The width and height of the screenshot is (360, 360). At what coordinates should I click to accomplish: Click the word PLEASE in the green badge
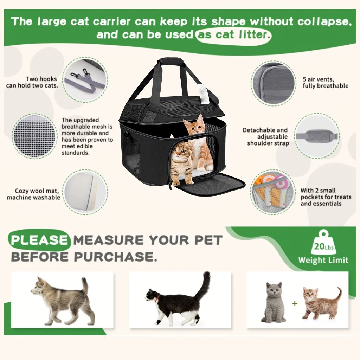pyautogui.click(x=39, y=240)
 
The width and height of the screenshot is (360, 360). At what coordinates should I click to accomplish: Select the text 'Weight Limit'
pyautogui.click(x=323, y=261)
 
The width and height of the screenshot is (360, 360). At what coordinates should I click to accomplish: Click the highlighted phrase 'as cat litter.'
pyautogui.click(x=233, y=35)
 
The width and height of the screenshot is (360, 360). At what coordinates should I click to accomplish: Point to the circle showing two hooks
pyautogui.click(x=85, y=78)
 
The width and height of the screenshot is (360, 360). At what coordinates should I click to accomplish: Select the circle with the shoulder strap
pyautogui.click(x=317, y=136)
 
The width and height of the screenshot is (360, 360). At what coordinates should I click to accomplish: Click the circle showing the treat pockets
pyautogui.click(x=273, y=192)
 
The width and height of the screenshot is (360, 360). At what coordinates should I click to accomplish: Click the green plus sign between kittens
pyautogui.click(x=295, y=304)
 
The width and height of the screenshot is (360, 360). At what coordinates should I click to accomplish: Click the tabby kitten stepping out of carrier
pyautogui.click(x=182, y=163)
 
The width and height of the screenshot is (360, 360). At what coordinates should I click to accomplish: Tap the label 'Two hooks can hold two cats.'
pyautogui.click(x=32, y=82)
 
